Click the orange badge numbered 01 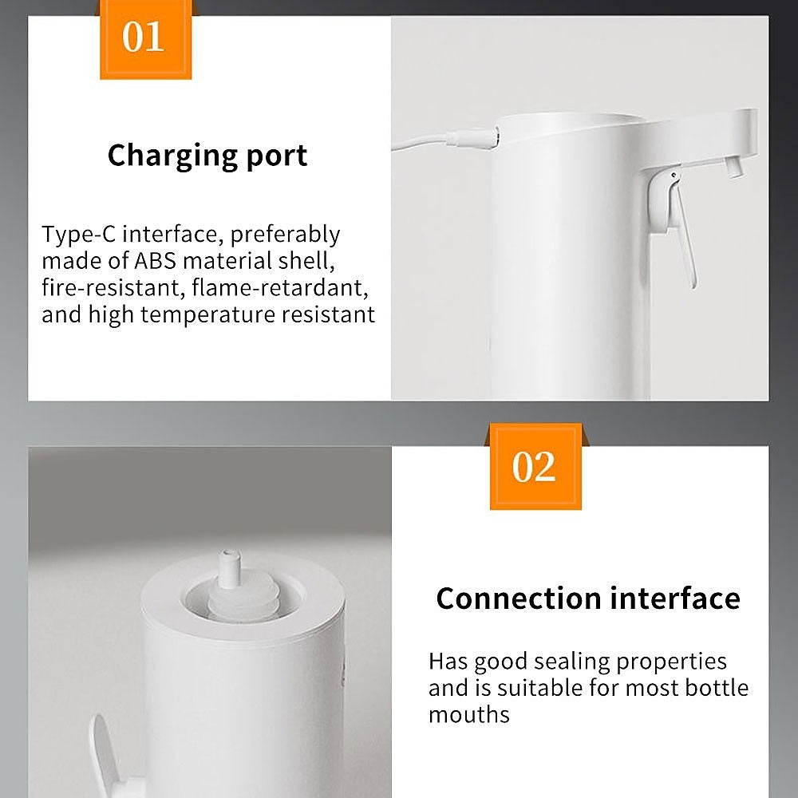[145, 40]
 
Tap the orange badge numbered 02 [535, 467]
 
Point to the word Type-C [79, 235]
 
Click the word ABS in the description [155, 261]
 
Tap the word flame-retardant [280, 287]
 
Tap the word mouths [468, 714]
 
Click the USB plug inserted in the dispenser [472, 138]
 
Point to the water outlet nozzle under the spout [732, 167]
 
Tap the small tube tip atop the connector [230, 569]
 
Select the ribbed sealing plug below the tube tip [243, 601]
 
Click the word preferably [285, 235]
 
